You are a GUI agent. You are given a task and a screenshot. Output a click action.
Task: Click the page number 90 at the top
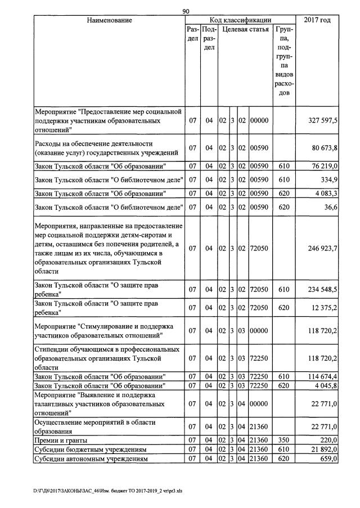(x=187, y=11)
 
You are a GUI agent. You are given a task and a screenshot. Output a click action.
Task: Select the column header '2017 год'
(x=317, y=20)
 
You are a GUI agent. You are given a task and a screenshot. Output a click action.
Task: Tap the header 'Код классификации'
(x=240, y=20)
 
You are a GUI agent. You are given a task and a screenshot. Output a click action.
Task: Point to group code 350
(x=284, y=440)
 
